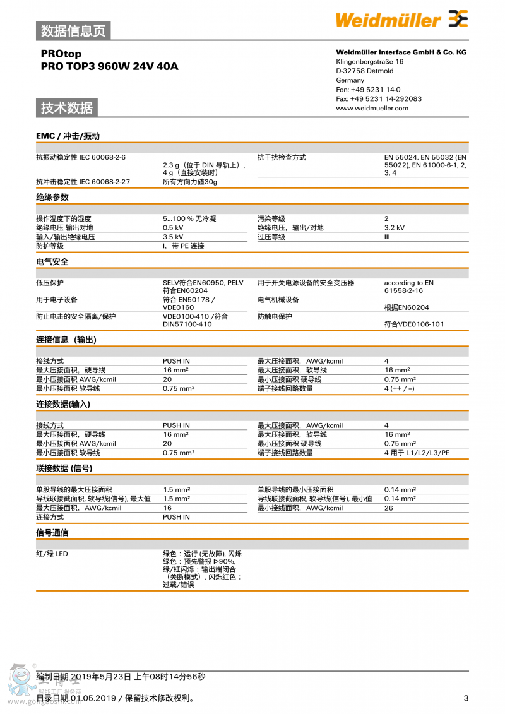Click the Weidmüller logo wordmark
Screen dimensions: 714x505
click(388, 20)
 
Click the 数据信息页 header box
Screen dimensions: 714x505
click(73, 30)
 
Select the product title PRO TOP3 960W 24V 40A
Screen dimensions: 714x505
click(109, 66)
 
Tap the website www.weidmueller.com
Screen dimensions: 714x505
click(372, 108)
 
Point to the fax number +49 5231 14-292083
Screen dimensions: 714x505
click(379, 98)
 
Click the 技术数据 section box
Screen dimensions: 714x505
click(67, 108)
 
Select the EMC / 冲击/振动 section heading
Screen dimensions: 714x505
click(68, 136)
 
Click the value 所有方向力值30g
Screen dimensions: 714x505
click(189, 182)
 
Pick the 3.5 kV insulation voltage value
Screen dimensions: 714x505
click(173, 237)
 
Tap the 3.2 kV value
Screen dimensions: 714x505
click(395, 228)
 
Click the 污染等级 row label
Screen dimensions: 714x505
click(271, 218)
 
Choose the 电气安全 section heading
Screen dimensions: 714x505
click(52, 261)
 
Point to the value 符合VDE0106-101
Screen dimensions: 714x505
click(414, 324)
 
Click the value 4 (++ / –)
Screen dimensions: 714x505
click(399, 388)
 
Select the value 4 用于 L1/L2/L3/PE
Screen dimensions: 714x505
click(417, 453)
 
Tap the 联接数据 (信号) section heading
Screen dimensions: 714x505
click(64, 468)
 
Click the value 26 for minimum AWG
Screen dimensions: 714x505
click(388, 508)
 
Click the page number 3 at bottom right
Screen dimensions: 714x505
click(466, 698)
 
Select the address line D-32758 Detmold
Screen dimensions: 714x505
click(364, 71)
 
